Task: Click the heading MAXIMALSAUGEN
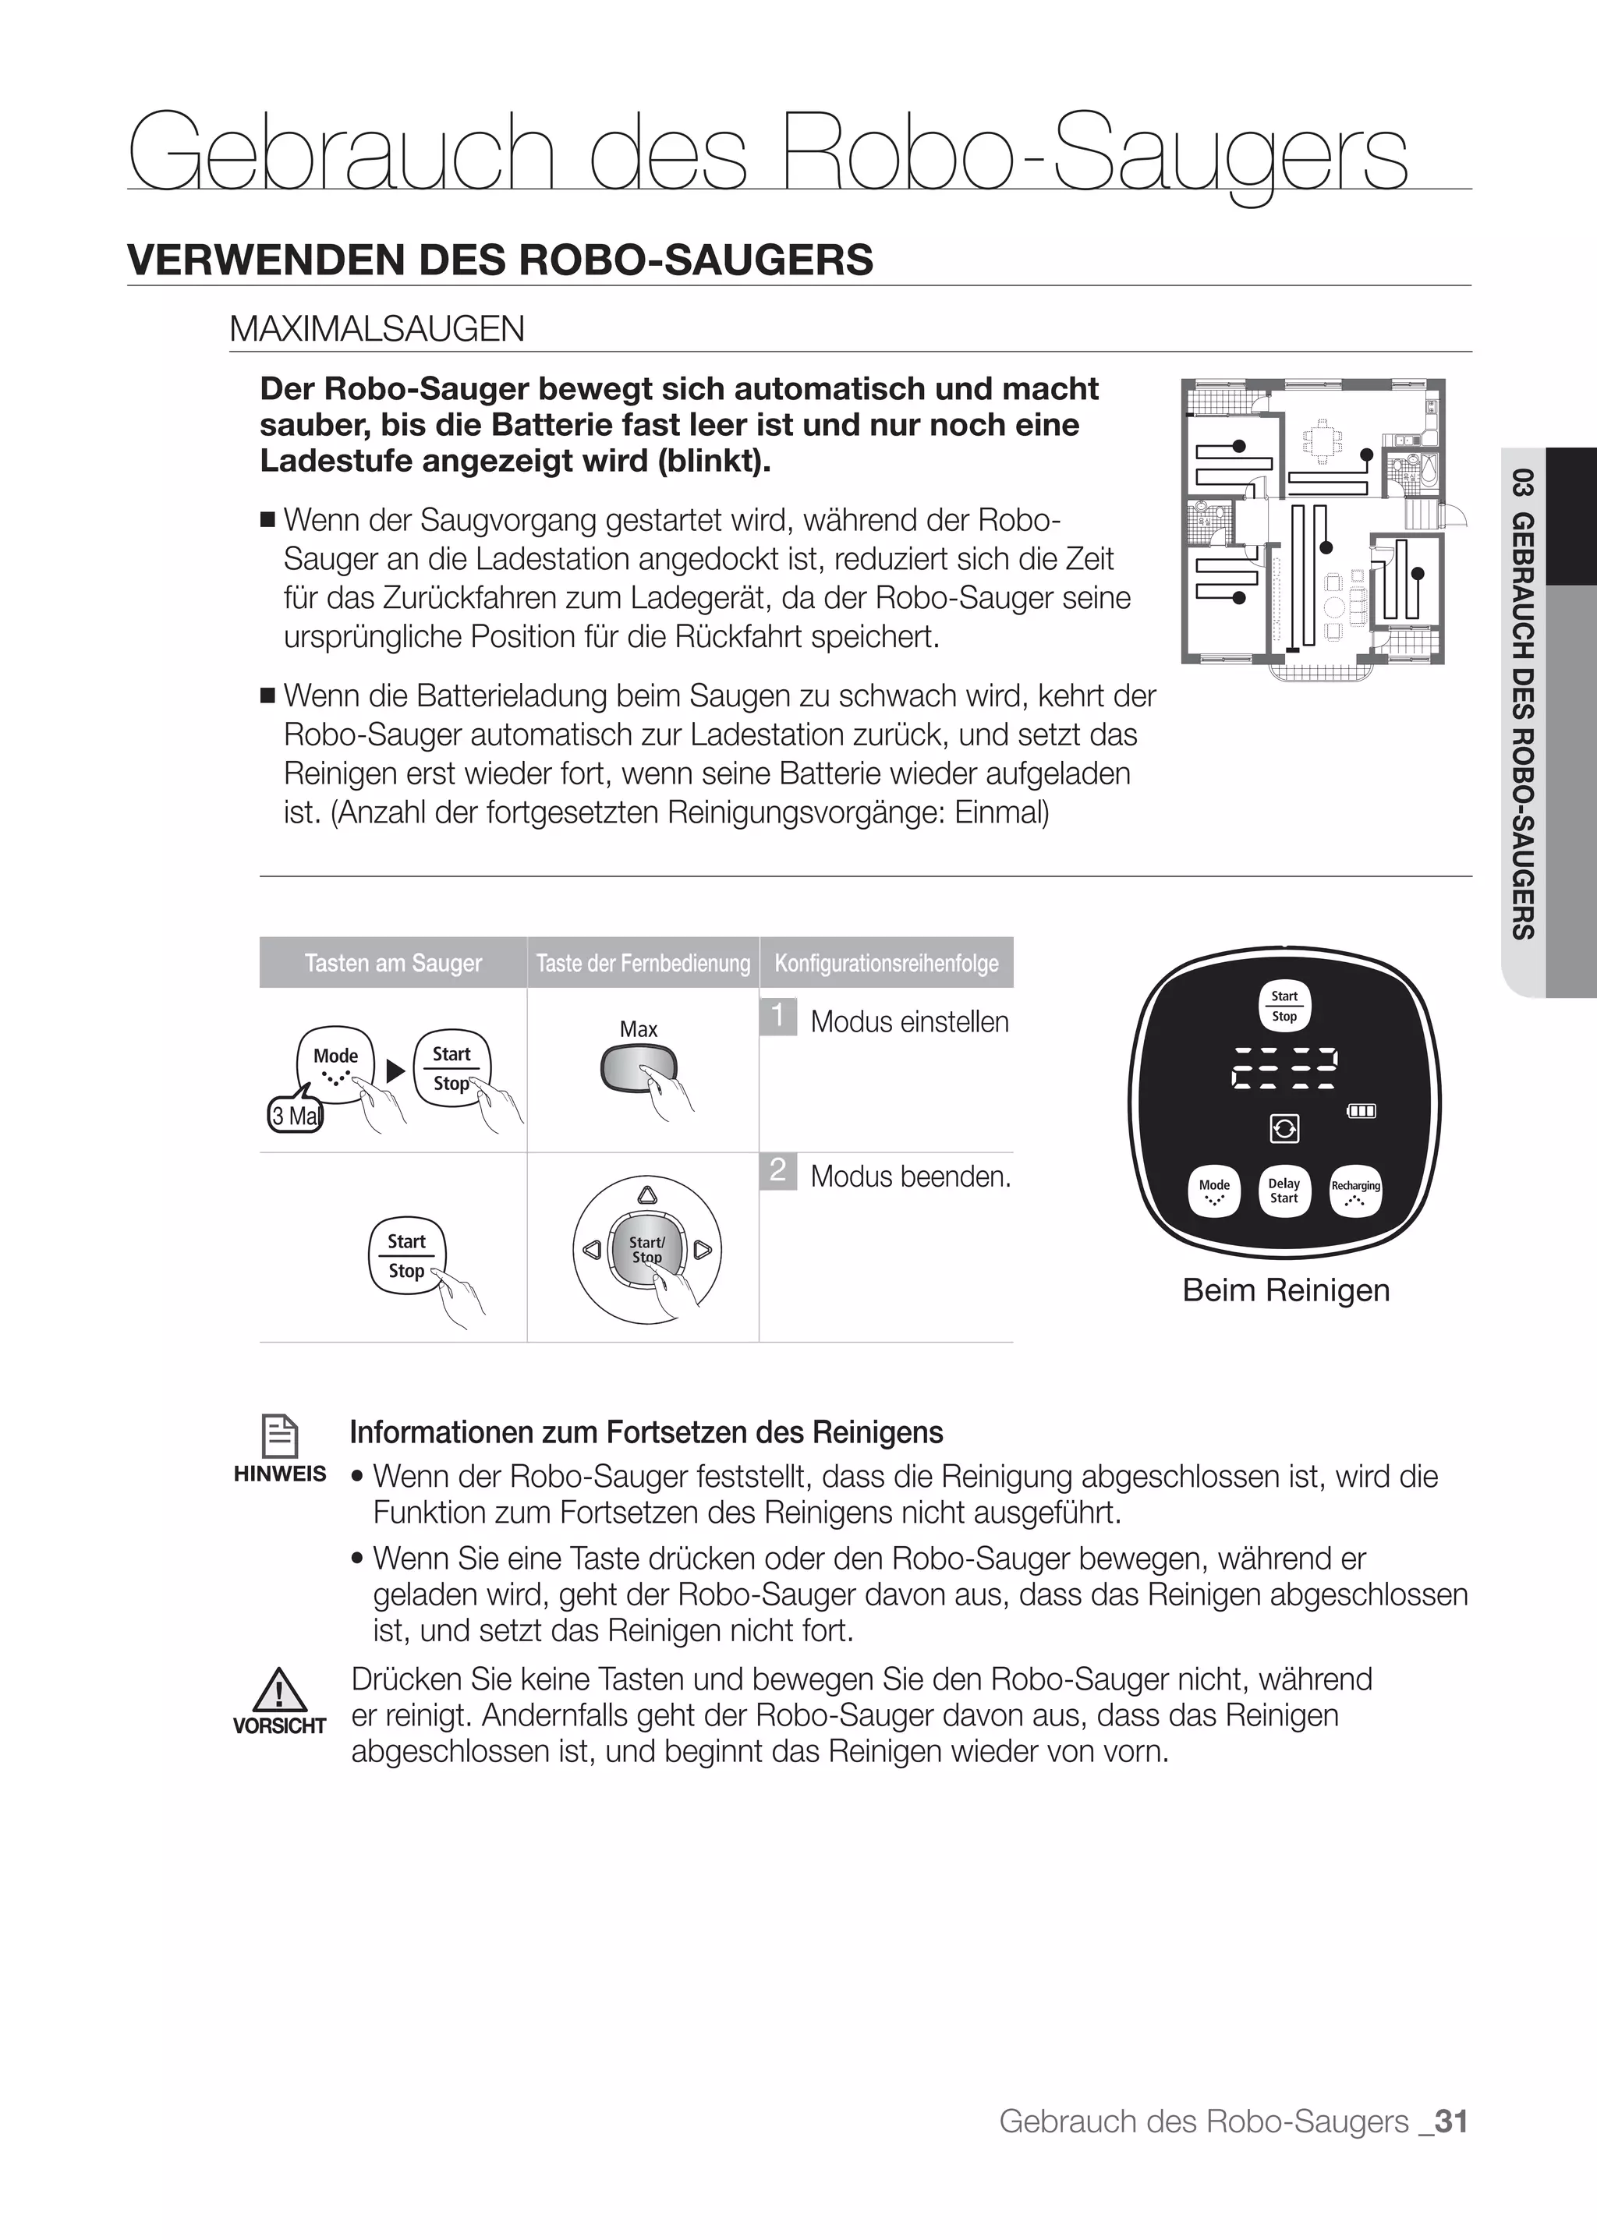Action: tap(377, 328)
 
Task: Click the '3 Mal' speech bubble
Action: tap(294, 1116)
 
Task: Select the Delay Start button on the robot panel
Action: tap(1284, 1191)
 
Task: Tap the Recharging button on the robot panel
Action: tap(1355, 1191)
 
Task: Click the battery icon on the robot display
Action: tap(1361, 1111)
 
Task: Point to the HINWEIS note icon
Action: tap(280, 1435)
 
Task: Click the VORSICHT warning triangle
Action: tap(280, 1690)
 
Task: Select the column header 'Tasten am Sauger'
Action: tap(393, 963)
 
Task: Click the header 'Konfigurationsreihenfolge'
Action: tap(886, 963)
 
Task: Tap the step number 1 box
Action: tap(778, 1016)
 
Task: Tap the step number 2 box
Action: tap(778, 1170)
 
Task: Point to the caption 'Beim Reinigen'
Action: tap(1285, 1290)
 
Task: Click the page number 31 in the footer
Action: tap(1450, 2121)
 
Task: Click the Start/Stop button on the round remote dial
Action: tap(646, 1250)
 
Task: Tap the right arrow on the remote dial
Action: tap(702, 1251)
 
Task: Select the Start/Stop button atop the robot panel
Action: tap(1284, 1006)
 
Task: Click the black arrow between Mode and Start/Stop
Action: tap(395, 1070)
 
